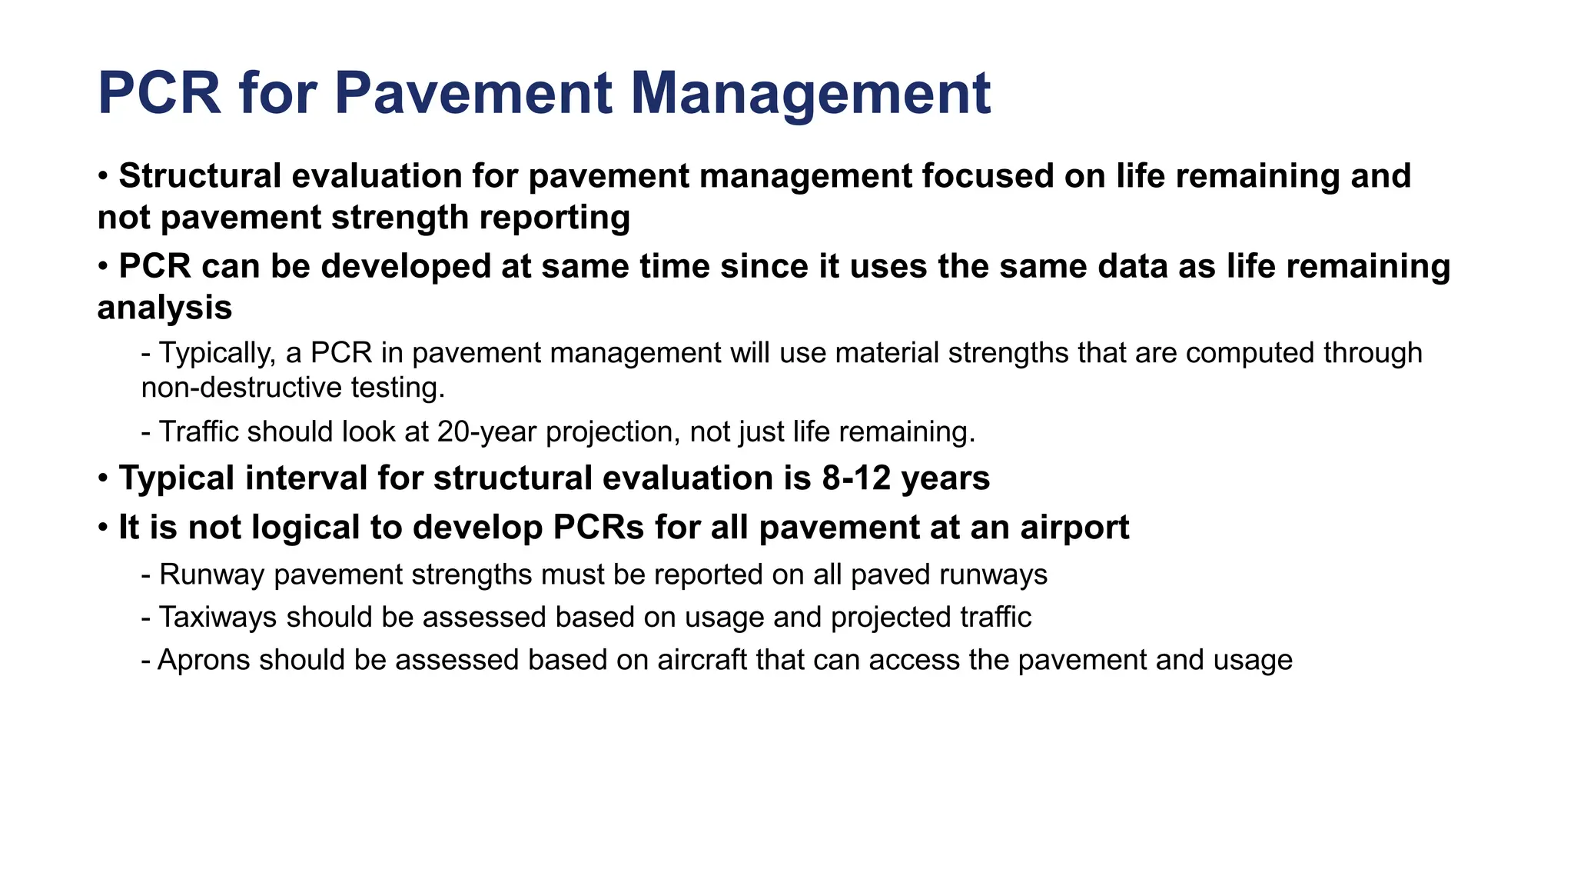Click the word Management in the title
pos(810,94)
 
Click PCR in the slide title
pos(160,94)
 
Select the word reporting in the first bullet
pos(554,218)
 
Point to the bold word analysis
pos(164,308)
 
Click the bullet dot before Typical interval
pos(103,479)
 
